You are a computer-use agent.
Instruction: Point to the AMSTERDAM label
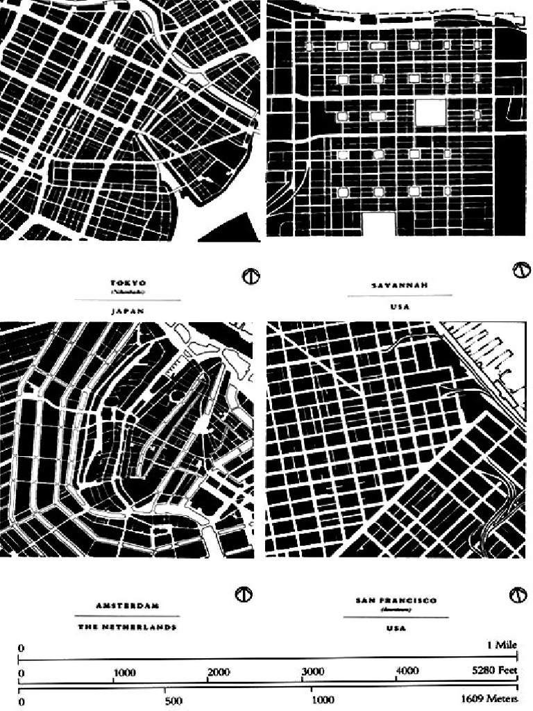127,605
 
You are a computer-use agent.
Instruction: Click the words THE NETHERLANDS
127,627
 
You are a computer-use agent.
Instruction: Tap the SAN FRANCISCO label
397,601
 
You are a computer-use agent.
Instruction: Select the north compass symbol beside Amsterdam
245,595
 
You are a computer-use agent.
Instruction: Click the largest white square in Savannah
430,112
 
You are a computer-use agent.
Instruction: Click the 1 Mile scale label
502,645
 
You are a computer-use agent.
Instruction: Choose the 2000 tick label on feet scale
218,672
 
